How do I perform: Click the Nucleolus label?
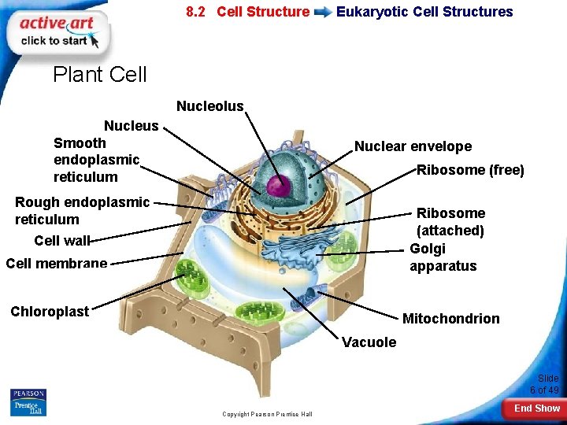210,106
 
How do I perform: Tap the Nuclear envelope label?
413,146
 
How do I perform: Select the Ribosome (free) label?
470,170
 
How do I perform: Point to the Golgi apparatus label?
443,257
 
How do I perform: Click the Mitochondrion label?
450,319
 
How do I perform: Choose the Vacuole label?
369,342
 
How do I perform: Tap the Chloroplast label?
50,312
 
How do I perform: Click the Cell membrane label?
56,263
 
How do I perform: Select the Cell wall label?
62,241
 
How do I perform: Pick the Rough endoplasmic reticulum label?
82,211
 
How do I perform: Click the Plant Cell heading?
100,75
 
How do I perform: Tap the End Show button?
536,408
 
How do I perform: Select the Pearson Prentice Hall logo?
28,401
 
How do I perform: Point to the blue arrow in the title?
323,13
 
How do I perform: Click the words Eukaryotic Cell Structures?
424,12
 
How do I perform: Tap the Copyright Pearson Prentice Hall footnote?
267,414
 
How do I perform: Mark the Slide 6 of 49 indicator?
544,384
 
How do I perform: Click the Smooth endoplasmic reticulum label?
96,160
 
